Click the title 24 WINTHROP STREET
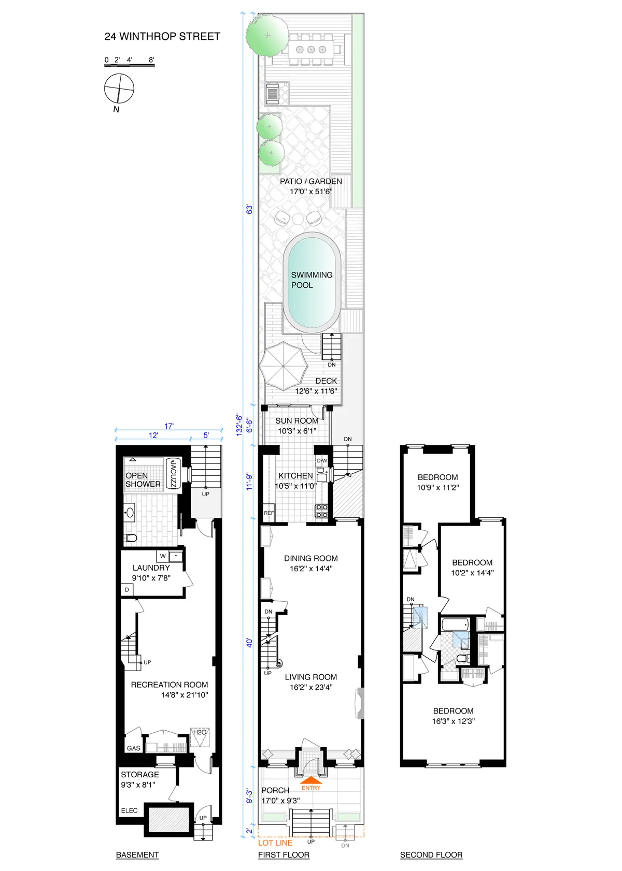pos(162,36)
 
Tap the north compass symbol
pos(119,89)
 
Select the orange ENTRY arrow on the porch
pos(310,779)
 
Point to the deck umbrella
pos(284,366)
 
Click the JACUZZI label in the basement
pos(173,473)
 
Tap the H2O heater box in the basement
pos(200,737)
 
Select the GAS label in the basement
pos(134,748)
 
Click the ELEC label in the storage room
pos(130,810)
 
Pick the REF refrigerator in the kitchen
pos(269,513)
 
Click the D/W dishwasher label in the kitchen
pos(322,460)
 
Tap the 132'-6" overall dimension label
pos(239,425)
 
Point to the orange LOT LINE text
pos(275,843)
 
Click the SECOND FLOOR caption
pos(431,855)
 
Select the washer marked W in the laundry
pos(163,556)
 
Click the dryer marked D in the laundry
pos(127,590)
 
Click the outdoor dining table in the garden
pos(311,49)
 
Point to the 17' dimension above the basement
pos(169,426)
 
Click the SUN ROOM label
pos(296,420)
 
